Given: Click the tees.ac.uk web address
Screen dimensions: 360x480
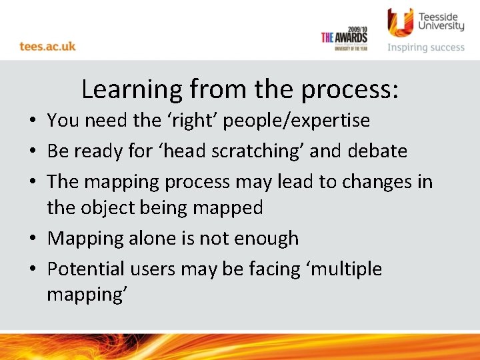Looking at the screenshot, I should pyautogui.click(x=47, y=47).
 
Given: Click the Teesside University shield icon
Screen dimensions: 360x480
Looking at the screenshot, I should pyautogui.click(x=400, y=22).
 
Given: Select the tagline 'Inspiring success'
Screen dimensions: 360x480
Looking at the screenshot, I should pyautogui.click(x=426, y=47).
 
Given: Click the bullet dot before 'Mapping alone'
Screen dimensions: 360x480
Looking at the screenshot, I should pyautogui.click(x=32, y=239).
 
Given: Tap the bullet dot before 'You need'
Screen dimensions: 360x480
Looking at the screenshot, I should pyautogui.click(x=32, y=121).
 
